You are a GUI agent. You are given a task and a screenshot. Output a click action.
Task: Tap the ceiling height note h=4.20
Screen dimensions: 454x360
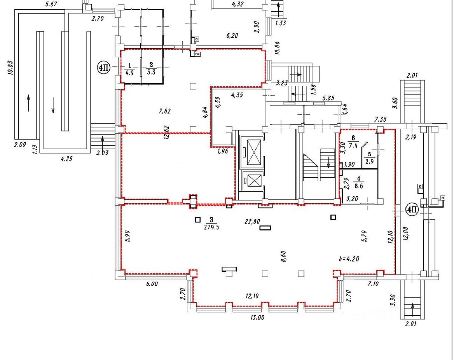(349, 259)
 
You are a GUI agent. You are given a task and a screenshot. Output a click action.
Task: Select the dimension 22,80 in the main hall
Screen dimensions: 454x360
(252, 222)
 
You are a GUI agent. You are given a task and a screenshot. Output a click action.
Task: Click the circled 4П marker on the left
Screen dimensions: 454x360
(104, 68)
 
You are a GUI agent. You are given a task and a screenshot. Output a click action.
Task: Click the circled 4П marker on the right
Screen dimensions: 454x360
(412, 210)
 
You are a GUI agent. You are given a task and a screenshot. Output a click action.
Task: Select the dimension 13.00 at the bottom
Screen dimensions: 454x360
(257, 317)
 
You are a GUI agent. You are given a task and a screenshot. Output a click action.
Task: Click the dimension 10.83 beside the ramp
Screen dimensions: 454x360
(10, 68)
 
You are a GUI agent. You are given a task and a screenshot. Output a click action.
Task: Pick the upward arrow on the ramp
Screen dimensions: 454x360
(28, 103)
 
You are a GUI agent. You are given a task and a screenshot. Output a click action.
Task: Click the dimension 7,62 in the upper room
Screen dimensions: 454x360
(165, 111)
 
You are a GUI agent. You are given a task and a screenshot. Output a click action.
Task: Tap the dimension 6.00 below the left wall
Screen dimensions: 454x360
(152, 284)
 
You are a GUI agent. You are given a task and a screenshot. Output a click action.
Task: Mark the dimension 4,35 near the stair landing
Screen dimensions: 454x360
(237, 95)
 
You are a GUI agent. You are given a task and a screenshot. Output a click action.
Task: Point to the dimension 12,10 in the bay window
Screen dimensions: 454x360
(252, 296)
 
